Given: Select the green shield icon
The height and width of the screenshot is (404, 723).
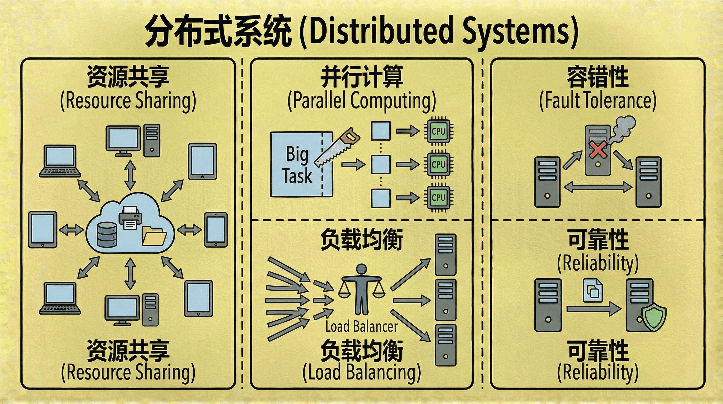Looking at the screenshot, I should [x=654, y=316].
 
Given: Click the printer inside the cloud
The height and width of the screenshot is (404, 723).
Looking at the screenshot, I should [x=130, y=218].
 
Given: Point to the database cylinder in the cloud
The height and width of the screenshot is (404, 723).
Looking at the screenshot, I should [x=107, y=235].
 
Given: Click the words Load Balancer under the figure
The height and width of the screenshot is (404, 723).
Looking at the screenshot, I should [x=361, y=327].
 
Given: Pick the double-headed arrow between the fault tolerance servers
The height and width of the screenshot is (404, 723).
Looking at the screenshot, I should [x=598, y=187].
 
